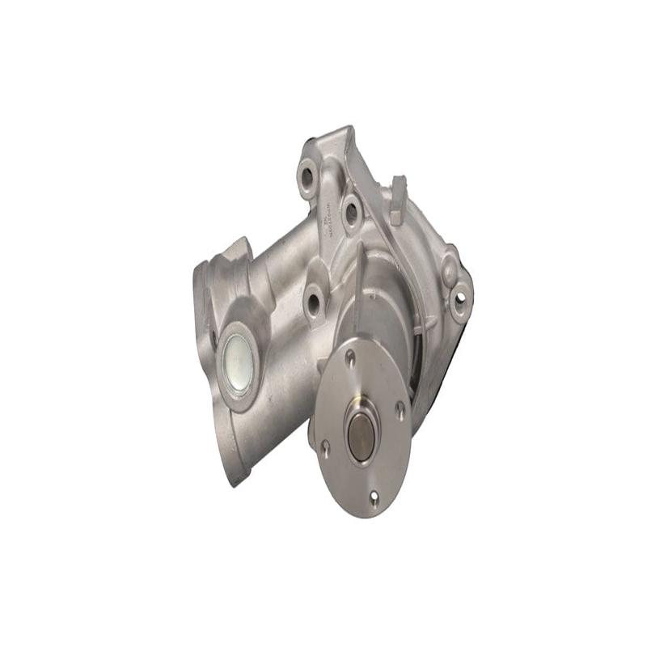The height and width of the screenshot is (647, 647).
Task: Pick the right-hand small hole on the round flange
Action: click(400, 409)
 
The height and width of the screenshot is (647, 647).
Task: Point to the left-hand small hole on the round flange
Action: click(324, 444)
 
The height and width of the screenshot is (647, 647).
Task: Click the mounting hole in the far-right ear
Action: click(460, 302)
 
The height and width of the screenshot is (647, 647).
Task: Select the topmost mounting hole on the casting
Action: click(307, 175)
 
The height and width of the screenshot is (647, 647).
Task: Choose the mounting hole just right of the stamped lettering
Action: click(351, 212)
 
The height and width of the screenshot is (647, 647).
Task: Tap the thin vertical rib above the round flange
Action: click(358, 283)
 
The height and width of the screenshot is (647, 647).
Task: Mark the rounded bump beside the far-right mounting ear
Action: click(450, 260)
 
